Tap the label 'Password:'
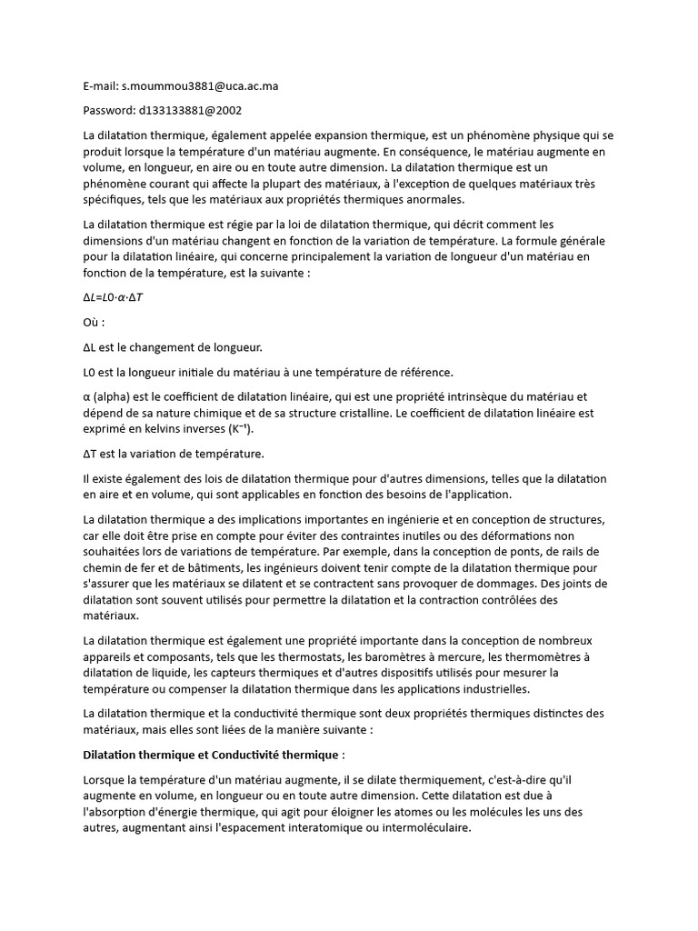coord(109,110)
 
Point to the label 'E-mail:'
coord(101,86)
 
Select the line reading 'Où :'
coord(94,322)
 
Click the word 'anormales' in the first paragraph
coord(433,199)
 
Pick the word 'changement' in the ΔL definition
coord(173,346)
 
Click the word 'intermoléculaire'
coord(426,828)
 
